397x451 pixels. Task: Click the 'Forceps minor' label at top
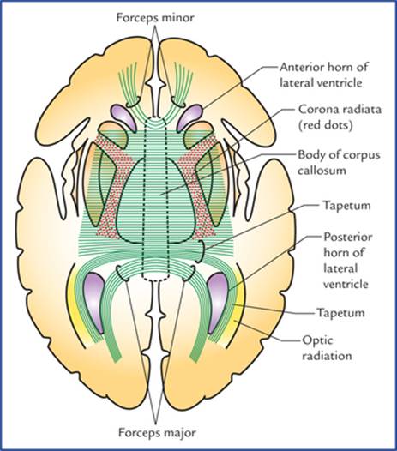click(x=155, y=18)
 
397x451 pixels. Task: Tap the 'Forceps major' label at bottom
click(x=158, y=433)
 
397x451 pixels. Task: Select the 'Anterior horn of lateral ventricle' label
click(x=324, y=75)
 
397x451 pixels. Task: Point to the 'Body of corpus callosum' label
click(x=339, y=163)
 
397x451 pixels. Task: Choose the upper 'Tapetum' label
click(x=346, y=206)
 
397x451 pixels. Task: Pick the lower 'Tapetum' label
click(x=340, y=313)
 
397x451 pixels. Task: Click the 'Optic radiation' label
click(x=327, y=348)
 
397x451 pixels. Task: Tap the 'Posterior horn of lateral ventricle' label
click(x=348, y=261)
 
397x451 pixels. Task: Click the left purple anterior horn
click(x=123, y=116)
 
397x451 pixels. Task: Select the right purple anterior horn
click(x=189, y=117)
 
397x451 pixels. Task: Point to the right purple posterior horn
click(x=218, y=302)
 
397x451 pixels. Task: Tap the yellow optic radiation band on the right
click(x=238, y=310)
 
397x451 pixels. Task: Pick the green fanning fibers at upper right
click(x=182, y=83)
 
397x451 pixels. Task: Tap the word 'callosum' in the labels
click(x=321, y=171)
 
